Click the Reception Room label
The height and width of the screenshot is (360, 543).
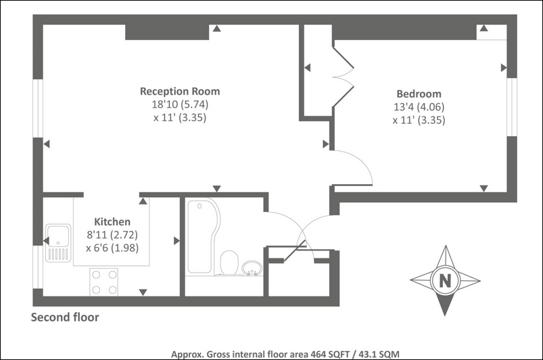click(180, 91)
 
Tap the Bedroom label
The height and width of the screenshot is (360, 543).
click(419, 94)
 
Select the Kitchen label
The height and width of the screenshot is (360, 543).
click(112, 222)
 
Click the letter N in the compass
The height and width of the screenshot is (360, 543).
click(445, 280)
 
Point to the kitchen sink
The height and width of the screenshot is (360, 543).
click(58, 242)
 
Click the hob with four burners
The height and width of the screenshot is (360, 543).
click(104, 282)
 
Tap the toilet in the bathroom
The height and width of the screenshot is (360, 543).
click(229, 263)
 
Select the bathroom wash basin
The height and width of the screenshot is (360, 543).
click(252, 269)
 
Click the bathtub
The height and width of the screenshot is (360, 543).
click(204, 236)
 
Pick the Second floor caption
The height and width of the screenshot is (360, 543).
click(65, 317)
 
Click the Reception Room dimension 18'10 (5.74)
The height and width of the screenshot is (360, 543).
click(180, 104)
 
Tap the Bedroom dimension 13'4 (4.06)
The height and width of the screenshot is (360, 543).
click(419, 107)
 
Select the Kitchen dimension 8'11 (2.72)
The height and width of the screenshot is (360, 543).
click(112, 235)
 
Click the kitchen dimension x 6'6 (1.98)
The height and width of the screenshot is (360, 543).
click(112, 248)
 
